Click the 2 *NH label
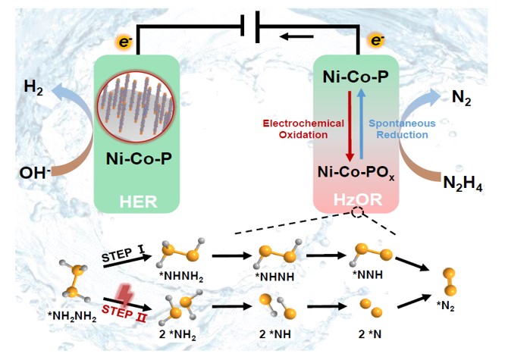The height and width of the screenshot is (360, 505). click(272, 333)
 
